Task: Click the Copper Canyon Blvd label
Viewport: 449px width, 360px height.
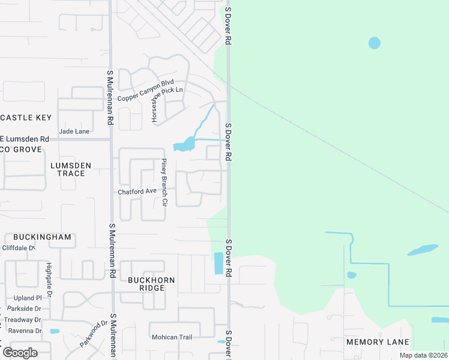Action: click(146, 98)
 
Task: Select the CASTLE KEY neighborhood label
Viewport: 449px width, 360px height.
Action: click(26, 118)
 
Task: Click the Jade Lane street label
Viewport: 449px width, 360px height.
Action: click(74, 131)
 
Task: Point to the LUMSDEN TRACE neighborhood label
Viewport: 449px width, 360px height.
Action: click(71, 169)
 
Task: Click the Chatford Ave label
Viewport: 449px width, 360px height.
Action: click(136, 191)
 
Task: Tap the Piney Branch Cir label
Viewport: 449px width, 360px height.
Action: click(164, 182)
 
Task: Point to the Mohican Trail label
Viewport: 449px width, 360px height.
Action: click(172, 337)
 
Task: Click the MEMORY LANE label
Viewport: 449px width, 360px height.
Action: click(378, 342)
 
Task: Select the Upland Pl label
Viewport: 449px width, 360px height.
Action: click(28, 298)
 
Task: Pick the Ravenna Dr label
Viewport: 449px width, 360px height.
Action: click(25, 331)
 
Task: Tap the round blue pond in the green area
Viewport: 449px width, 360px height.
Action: click(374, 43)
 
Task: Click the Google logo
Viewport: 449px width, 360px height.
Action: click(19, 352)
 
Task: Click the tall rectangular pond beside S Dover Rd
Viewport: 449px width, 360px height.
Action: click(218, 263)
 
